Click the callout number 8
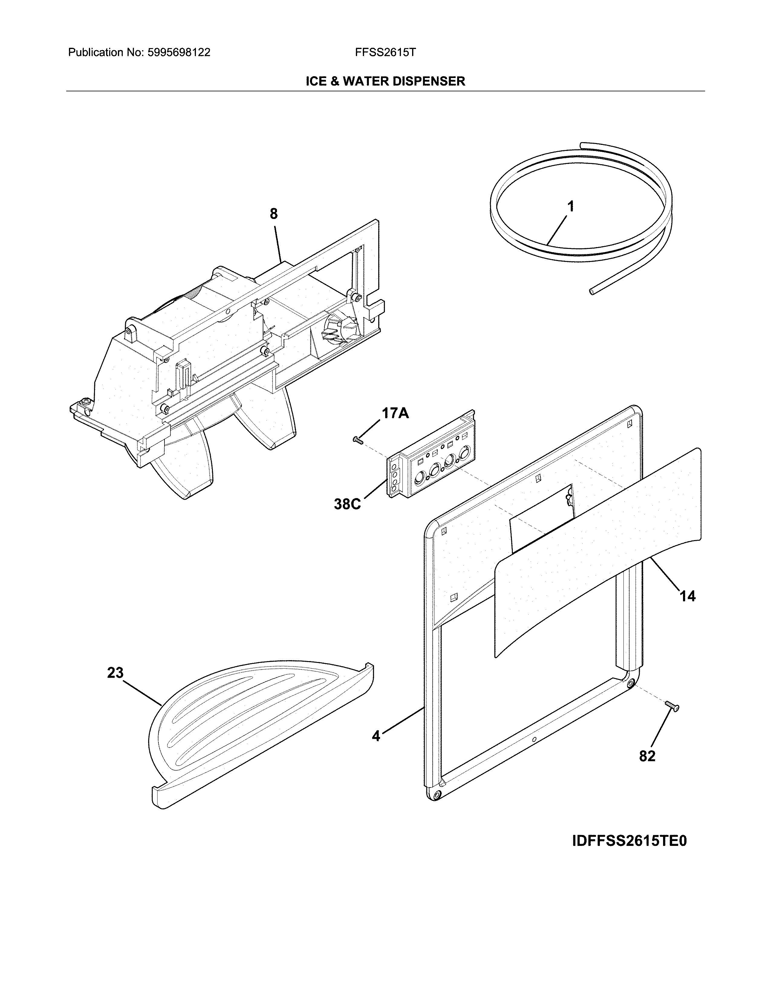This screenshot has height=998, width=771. click(x=274, y=214)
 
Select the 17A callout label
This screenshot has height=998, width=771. click(x=395, y=413)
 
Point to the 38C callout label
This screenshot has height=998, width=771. click(x=347, y=504)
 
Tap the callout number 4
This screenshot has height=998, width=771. click(x=376, y=736)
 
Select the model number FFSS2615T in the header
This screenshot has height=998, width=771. click(x=385, y=53)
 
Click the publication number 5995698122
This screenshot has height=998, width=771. click(x=179, y=53)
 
